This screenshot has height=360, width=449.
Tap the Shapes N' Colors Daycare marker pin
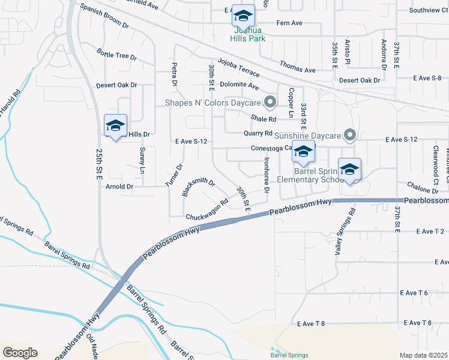click(x=270, y=102)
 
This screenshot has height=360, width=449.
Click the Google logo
click(x=20, y=353)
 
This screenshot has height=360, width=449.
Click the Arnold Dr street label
click(x=119, y=187)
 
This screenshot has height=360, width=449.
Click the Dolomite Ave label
click(x=239, y=85)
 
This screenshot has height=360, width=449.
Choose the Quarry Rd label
click(x=258, y=133)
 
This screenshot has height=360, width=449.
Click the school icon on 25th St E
click(x=115, y=125)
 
